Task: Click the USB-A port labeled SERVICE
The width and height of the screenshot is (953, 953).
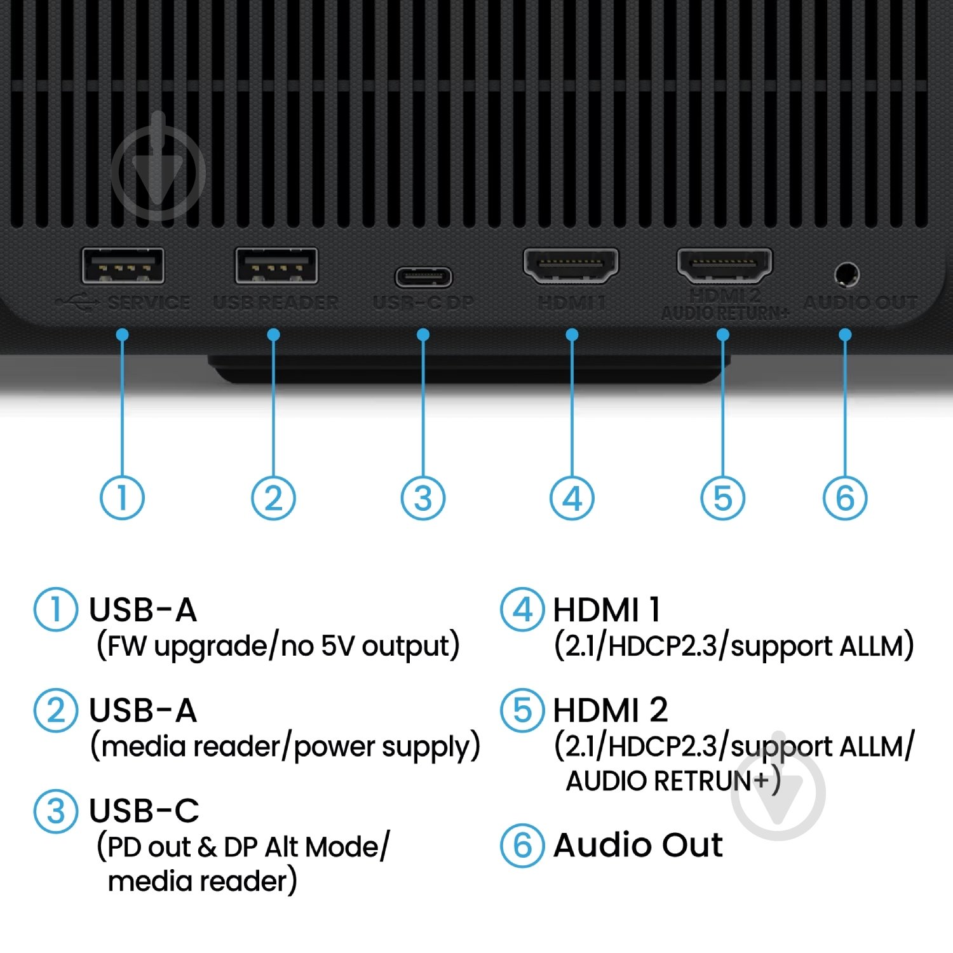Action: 123,266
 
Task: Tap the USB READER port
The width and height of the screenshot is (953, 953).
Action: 276,266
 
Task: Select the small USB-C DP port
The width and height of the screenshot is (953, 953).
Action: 424,278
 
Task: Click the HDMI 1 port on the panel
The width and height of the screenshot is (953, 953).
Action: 571,265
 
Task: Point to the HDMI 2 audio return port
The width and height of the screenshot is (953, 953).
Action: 724,265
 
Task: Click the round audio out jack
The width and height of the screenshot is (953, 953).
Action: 846,275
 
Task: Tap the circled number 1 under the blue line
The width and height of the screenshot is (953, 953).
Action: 122,497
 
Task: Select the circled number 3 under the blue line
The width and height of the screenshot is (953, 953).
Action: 423,497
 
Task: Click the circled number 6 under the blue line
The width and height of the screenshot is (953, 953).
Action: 845,497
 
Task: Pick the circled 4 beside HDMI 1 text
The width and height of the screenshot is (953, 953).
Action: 522,609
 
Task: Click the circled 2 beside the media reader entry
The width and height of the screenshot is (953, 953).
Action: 56,710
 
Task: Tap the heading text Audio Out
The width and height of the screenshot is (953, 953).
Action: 638,845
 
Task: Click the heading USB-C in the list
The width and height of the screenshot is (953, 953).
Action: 144,811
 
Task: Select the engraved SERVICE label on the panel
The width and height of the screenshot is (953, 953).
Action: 149,302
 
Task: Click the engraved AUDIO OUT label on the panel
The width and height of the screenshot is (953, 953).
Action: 861,302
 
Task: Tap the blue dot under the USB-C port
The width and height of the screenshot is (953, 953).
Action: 423,335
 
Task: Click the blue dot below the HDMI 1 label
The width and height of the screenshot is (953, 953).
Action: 572,335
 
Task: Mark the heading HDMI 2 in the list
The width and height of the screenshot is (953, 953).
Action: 610,710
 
